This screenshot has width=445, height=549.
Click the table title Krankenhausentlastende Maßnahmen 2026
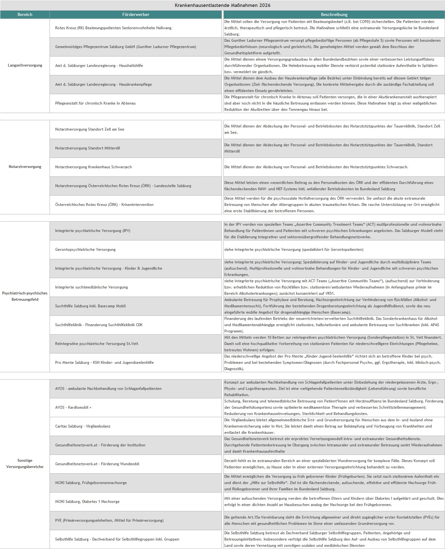[x=222, y=5]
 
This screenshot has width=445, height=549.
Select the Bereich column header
[x=25, y=14]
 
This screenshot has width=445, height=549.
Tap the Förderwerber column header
[x=136, y=14]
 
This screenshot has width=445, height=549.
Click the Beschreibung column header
[x=334, y=14]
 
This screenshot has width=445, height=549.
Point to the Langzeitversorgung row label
[x=25, y=65]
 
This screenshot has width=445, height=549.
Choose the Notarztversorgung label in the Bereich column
[x=25, y=167]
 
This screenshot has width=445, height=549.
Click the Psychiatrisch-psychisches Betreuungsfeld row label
[x=25, y=296]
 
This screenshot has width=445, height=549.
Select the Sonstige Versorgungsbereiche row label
[x=25, y=464]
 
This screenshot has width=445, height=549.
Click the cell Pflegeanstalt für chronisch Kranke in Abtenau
[x=95, y=103]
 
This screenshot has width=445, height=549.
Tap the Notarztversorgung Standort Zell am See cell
[x=90, y=129]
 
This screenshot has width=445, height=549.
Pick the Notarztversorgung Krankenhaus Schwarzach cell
[x=94, y=167]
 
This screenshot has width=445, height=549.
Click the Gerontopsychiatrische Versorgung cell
[x=85, y=250]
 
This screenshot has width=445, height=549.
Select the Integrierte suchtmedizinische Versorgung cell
[x=92, y=287]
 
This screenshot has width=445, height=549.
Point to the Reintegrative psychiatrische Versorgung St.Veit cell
[x=97, y=344]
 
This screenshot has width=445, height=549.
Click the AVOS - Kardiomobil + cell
[x=73, y=407]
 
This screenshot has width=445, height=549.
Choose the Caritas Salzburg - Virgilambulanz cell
[x=83, y=426]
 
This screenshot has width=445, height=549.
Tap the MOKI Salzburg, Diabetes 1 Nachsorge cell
[x=87, y=502]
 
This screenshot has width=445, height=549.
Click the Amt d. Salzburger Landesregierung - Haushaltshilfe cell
[x=99, y=66]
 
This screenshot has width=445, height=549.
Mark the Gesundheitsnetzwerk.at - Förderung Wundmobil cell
[x=97, y=464]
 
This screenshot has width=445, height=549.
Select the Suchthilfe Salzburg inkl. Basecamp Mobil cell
[x=90, y=306]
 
